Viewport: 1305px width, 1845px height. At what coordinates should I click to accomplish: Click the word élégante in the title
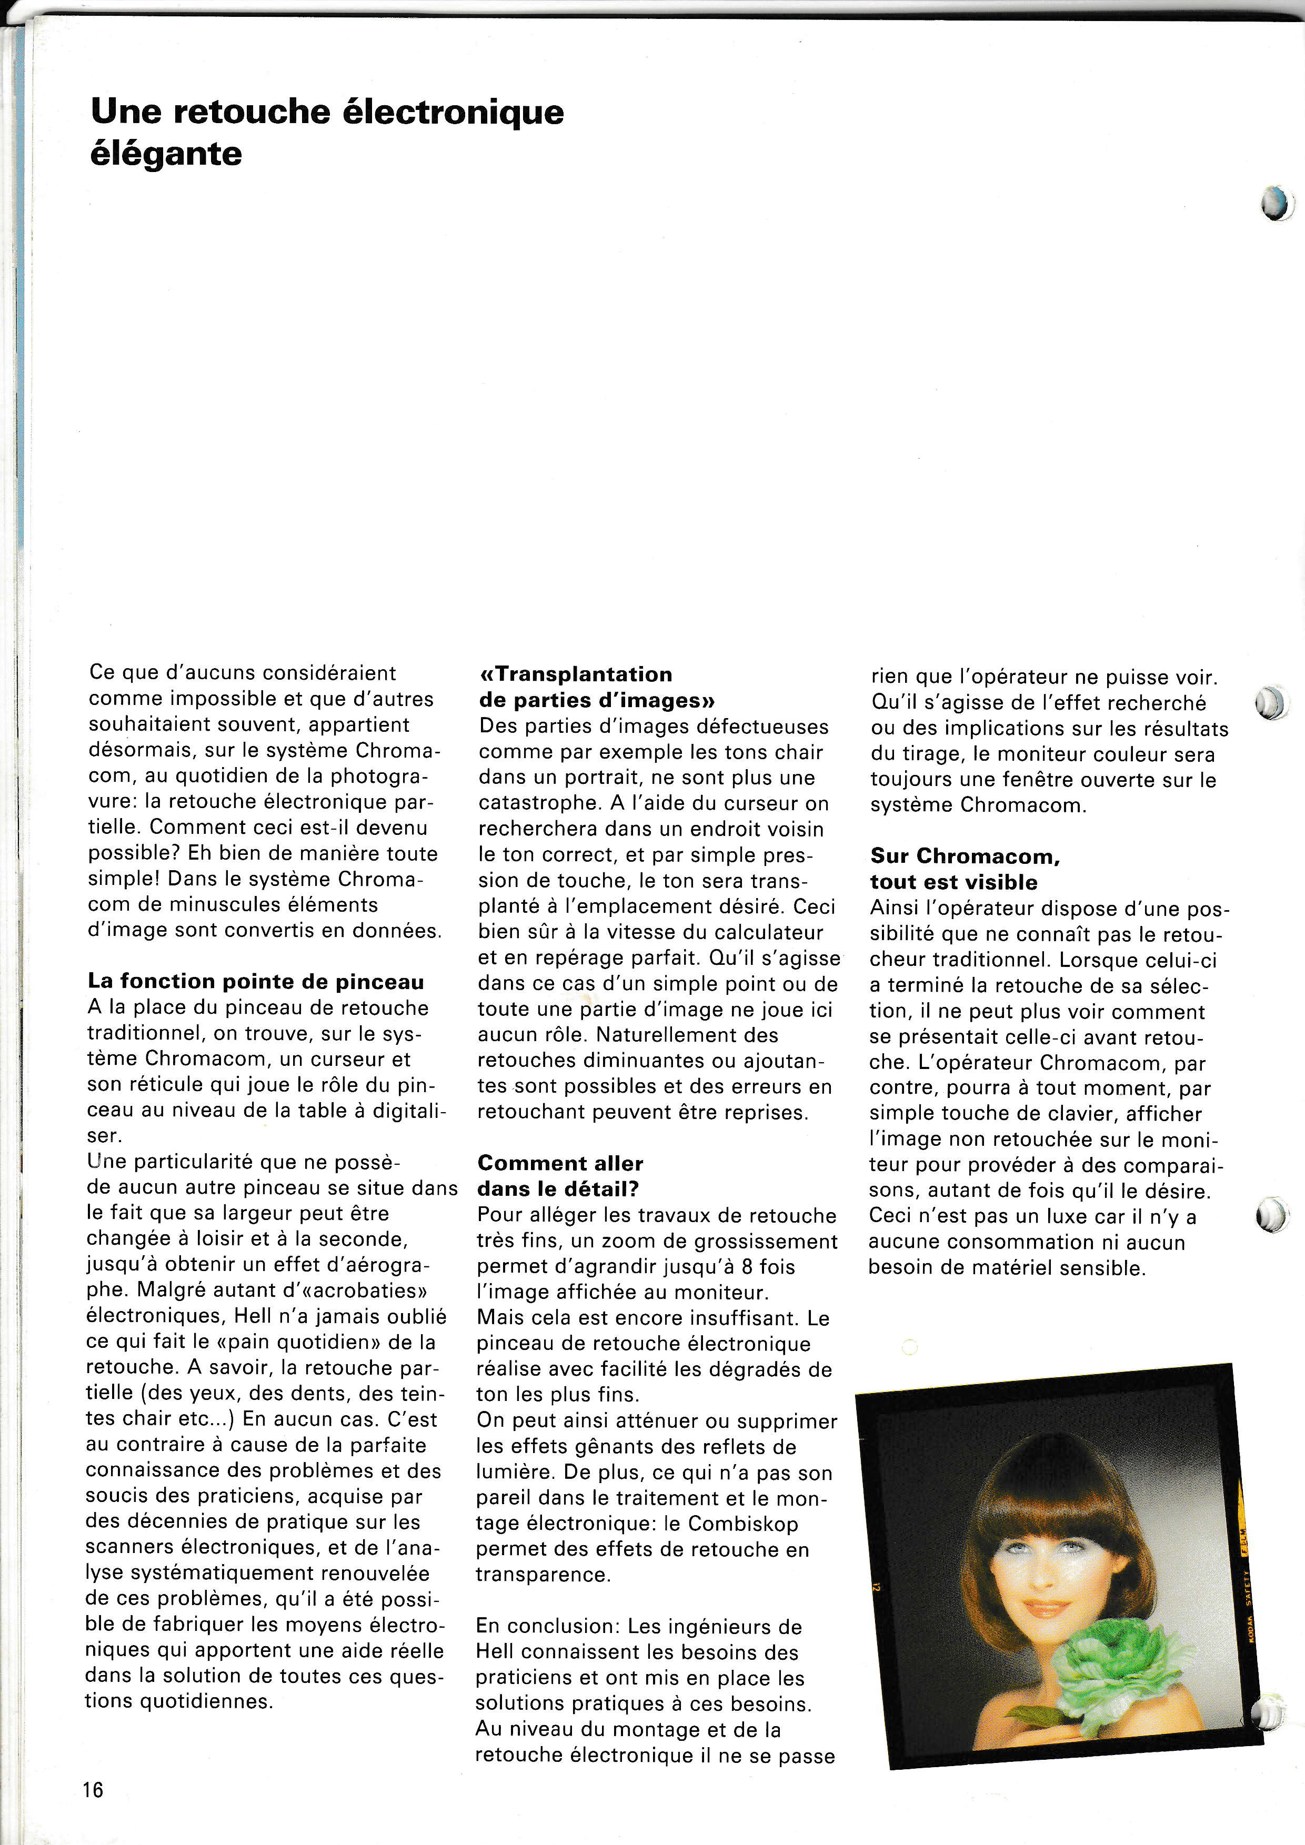(166, 154)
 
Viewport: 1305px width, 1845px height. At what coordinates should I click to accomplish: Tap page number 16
(93, 1790)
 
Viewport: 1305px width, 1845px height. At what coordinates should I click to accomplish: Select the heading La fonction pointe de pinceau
(256, 981)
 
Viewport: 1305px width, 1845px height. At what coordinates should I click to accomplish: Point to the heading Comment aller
(560, 1163)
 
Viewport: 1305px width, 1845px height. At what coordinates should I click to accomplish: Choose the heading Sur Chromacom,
(965, 856)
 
